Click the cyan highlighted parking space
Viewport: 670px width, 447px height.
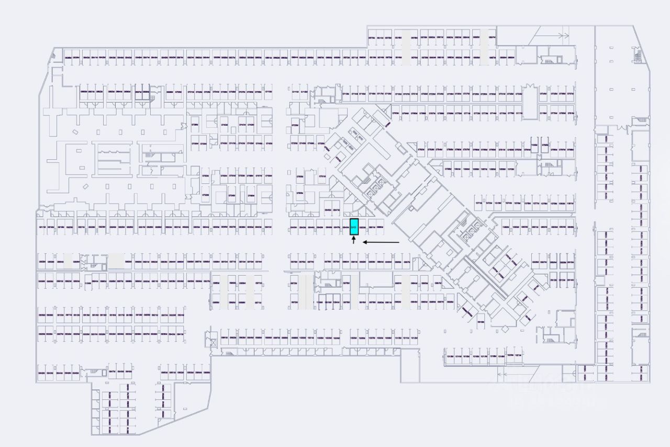coord(354,227)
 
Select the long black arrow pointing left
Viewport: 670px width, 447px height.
coord(381,242)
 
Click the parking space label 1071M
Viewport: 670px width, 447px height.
coord(479,203)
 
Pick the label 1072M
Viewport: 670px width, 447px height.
coord(489,203)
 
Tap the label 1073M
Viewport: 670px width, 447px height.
coord(498,203)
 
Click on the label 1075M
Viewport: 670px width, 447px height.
coord(517,203)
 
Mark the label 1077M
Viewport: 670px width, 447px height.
coord(536,203)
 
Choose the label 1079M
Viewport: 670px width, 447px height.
coord(554,203)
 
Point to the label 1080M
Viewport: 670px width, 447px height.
coord(562,203)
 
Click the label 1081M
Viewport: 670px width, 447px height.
coord(570,203)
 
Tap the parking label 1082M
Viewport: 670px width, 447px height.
coord(506,227)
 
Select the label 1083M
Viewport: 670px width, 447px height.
coord(516,227)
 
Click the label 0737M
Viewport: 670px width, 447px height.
coord(571,94)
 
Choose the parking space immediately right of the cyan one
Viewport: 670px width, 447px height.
coord(363,227)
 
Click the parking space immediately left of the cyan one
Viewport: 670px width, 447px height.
coord(345,227)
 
